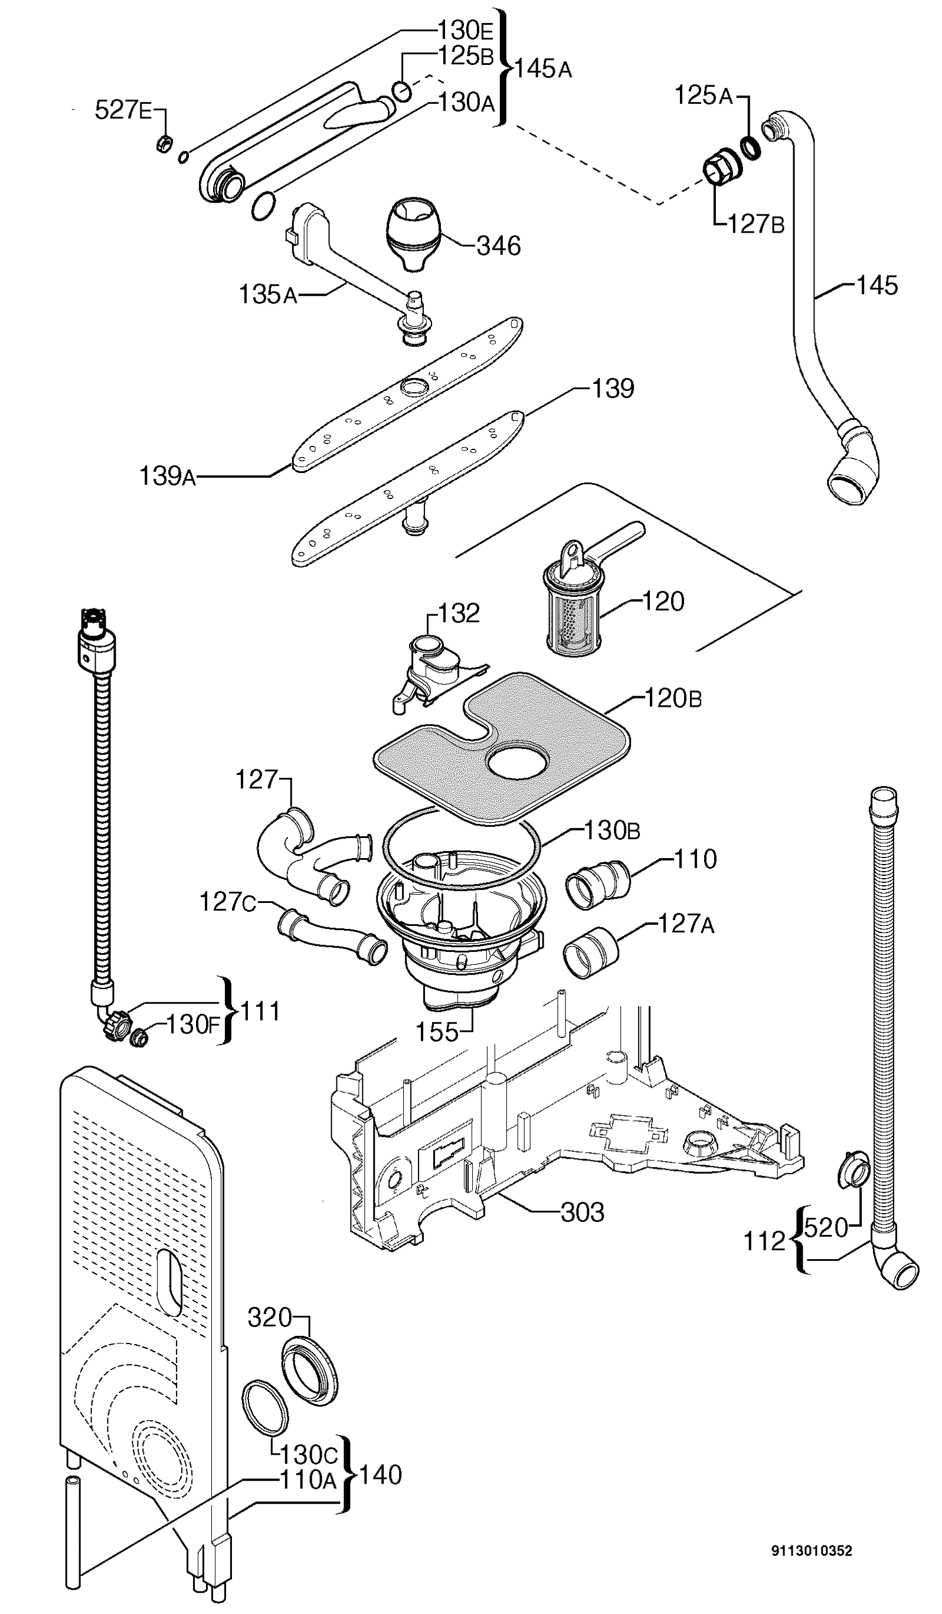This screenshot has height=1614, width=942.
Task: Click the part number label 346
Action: [499, 245]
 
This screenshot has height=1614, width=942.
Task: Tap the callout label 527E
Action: [123, 110]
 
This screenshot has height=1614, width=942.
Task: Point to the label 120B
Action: [673, 698]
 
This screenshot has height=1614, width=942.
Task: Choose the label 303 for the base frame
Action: [583, 1212]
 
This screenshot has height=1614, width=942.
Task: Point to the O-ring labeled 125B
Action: [402, 91]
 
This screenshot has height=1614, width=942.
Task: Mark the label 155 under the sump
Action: [437, 1032]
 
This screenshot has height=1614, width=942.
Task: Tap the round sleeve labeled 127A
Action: [591, 952]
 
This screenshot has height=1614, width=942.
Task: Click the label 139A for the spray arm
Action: [168, 476]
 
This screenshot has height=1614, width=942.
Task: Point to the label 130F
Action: [192, 1025]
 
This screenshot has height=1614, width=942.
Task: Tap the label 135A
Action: [268, 295]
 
